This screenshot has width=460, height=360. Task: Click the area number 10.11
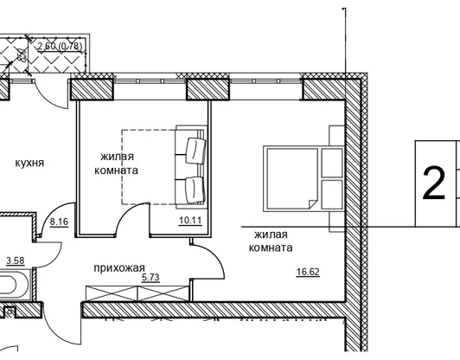[190, 220]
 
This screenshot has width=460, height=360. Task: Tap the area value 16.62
[308, 272]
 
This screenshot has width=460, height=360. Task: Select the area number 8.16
[59, 222]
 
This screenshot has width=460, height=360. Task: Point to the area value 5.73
[150, 278]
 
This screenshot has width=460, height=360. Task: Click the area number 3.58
[16, 260]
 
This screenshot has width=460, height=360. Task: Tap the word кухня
[29, 163]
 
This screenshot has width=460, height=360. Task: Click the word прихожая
[119, 267]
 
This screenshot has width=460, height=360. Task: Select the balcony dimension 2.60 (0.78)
[61, 46]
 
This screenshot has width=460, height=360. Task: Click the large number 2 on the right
[434, 183]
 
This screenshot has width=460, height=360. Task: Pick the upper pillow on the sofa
[195, 151]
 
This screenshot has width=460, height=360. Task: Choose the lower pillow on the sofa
[195, 190]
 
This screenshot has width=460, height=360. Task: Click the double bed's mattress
[292, 179]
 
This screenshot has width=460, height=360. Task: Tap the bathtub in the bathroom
[15, 284]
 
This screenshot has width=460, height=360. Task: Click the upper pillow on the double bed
[332, 163]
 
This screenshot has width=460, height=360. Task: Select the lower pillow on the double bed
[332, 195]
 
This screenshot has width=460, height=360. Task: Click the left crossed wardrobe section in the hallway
[112, 293]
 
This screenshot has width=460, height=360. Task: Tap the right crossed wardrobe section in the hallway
[163, 293]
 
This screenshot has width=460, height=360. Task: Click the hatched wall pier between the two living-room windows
[208, 89]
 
